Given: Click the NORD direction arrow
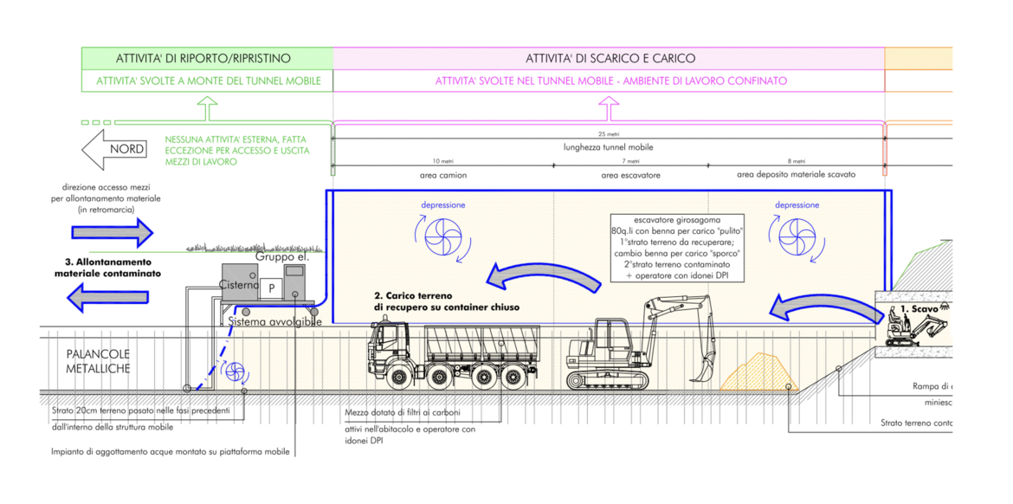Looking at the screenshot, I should pyautogui.click(x=113, y=149).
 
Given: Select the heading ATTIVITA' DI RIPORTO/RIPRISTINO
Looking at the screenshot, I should pyautogui.click(x=203, y=59).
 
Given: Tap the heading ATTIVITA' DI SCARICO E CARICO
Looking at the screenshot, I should pyautogui.click(x=610, y=59).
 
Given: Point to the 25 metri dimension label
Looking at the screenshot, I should pyautogui.click(x=608, y=134).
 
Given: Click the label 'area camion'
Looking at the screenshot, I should pyautogui.click(x=442, y=174).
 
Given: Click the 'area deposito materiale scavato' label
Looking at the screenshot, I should pyautogui.click(x=796, y=174).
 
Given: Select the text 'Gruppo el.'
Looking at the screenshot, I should pyautogui.click(x=281, y=258).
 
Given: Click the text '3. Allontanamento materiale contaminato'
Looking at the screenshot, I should pyautogui.click(x=107, y=267).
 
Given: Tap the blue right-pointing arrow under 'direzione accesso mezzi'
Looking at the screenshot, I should pyautogui.click(x=111, y=231).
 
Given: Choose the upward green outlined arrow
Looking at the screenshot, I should pyautogui.click(x=207, y=109).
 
